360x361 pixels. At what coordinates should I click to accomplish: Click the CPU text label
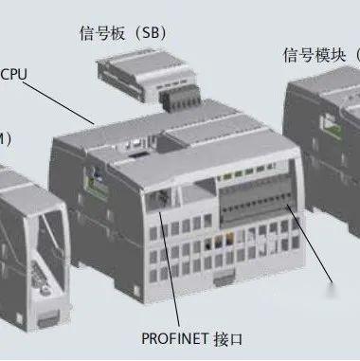[15, 73]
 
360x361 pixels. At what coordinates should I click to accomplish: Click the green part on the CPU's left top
[96, 174]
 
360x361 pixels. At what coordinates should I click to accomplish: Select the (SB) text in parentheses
[152, 32]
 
